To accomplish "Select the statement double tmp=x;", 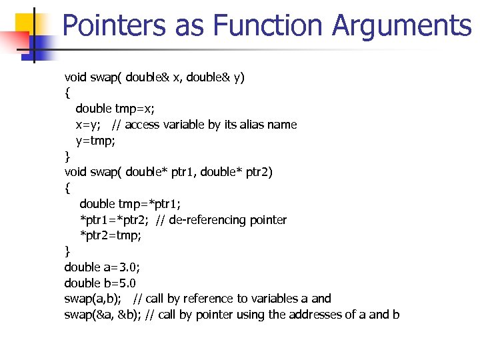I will pyautogui.click(x=113, y=109).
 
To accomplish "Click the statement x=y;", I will pyautogui.click(x=88, y=125).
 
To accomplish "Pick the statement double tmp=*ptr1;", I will pyautogui.click(x=125, y=204).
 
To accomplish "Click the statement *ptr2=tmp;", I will pyautogui.click(x=111, y=235).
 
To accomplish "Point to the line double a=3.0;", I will pyautogui.click(x=102, y=267).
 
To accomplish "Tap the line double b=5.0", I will pyautogui.click(x=100, y=283).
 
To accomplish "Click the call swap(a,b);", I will pyautogui.click(x=93, y=299).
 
